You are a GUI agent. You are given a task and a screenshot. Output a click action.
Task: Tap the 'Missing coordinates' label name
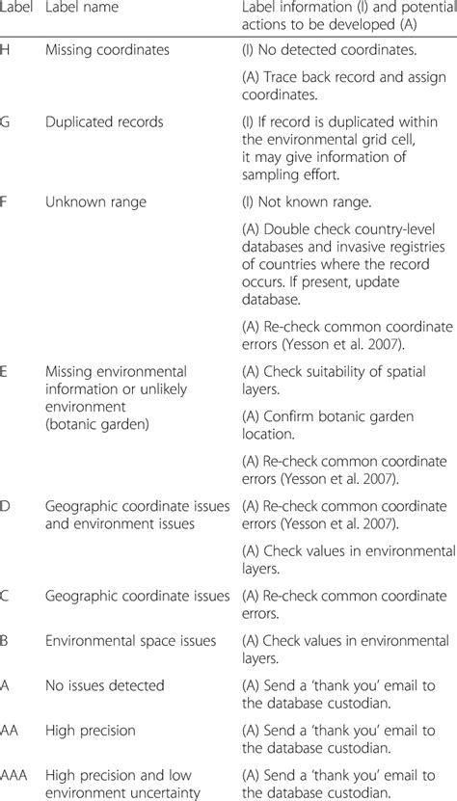[100, 48]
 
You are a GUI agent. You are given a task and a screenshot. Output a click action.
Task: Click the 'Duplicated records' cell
[103, 122]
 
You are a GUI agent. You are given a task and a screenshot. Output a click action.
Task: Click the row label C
[6, 598]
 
